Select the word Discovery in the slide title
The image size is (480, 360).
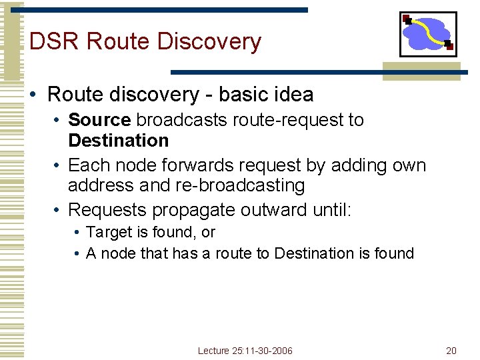click(x=209, y=41)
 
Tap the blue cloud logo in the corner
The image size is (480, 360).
click(x=428, y=33)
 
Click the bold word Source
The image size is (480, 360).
click(x=99, y=120)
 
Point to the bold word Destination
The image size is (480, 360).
click(x=119, y=141)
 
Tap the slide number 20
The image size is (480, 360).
click(x=451, y=351)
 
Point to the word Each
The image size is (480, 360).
click(x=88, y=165)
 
